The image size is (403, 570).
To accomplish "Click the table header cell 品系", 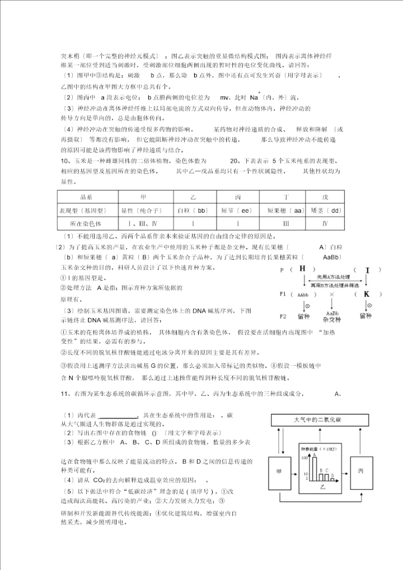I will click(x=86, y=198).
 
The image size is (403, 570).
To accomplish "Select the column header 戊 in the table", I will click(x=325, y=198).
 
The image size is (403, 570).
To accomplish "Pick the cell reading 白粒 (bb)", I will click(x=192, y=211).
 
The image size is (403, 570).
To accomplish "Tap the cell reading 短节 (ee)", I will click(x=238, y=211).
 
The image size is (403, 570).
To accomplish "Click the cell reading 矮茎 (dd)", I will click(x=325, y=211).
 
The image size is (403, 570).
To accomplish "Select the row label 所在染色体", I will click(x=86, y=223).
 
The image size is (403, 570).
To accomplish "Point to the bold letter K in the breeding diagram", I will click(x=366, y=294).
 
